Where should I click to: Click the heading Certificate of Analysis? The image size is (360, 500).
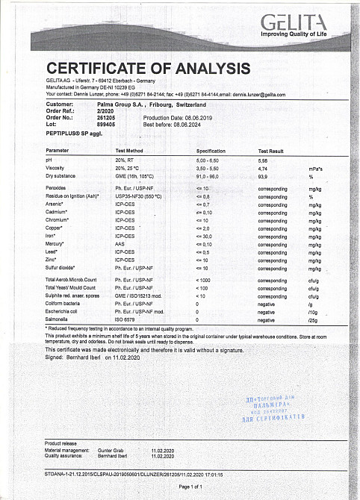click(x=148, y=69)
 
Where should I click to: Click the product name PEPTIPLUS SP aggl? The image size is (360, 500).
click(x=72, y=131)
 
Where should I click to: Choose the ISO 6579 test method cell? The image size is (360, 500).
click(x=125, y=319)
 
